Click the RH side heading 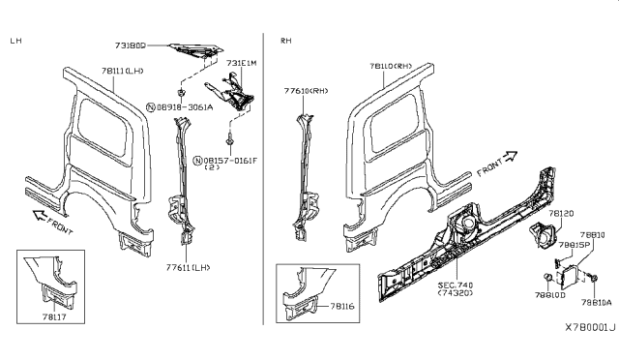tap(286, 41)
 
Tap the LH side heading tap(16, 41)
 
